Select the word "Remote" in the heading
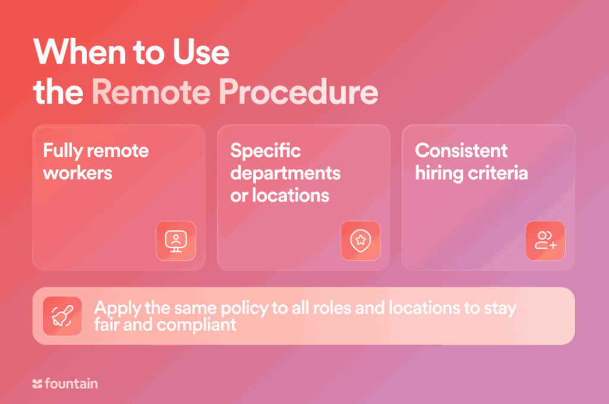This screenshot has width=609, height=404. point(151,92)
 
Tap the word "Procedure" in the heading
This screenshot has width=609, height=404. point(299,92)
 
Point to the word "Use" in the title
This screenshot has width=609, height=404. point(201,52)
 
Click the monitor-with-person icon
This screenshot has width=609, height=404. point(176,241)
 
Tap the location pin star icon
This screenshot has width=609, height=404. point(361,241)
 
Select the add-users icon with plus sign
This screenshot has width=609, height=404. point(546,240)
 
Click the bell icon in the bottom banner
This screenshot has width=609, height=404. point(62,316)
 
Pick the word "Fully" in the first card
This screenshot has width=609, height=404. point(62,150)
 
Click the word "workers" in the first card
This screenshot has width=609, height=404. point(78,173)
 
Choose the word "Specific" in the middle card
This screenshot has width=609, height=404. point(265,150)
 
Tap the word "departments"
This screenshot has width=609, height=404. point(285,173)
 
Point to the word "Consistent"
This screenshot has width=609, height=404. point(461,150)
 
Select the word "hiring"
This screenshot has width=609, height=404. point(439,173)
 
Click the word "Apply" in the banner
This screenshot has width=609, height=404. point(117,308)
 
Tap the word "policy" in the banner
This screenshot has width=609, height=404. point(244,308)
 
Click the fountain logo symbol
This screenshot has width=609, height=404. point(37,384)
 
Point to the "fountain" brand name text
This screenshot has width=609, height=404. point(71,383)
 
